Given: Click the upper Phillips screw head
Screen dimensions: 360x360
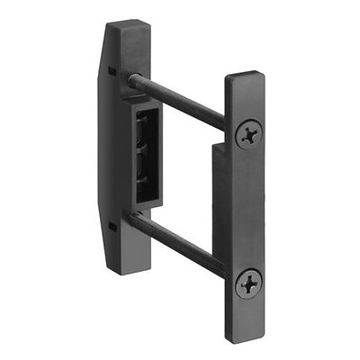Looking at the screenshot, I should (x=248, y=136).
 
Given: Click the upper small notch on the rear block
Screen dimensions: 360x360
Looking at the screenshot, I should (x=111, y=69).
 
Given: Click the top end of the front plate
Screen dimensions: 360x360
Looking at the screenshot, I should (x=245, y=79).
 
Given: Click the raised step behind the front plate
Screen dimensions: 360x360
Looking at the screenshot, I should (x=218, y=180).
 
